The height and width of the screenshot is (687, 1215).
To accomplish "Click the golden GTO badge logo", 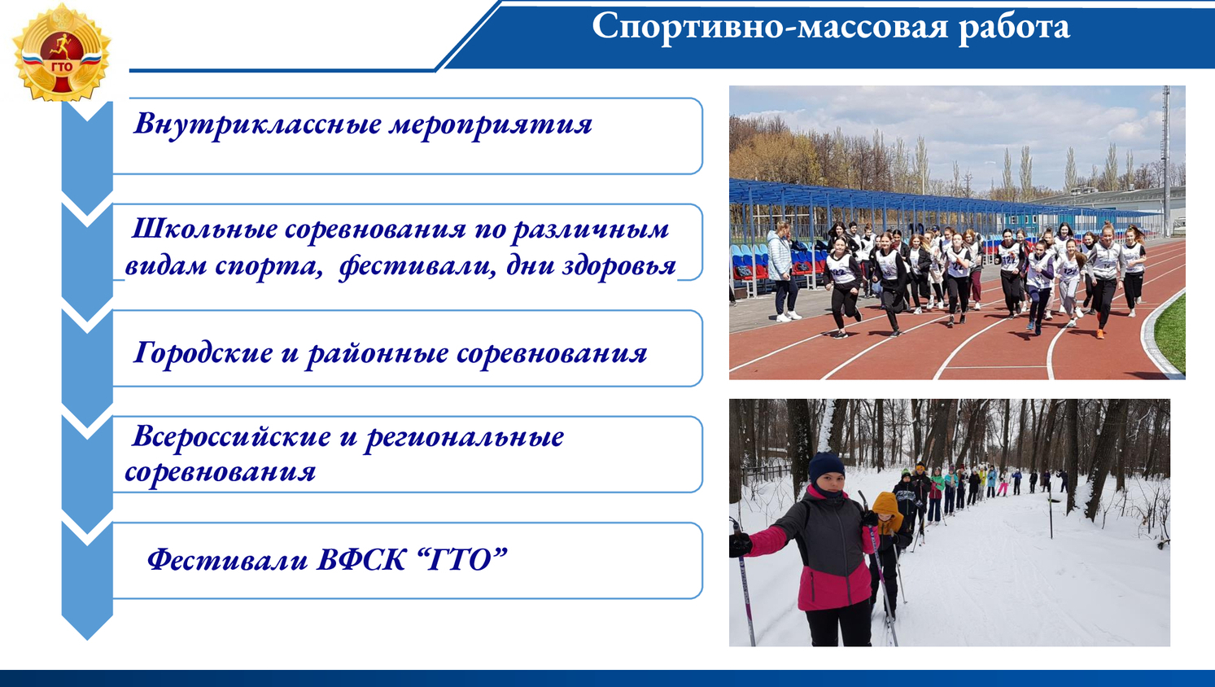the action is click(61, 53).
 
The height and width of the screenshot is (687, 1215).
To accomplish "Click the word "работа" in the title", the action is click(1014, 27).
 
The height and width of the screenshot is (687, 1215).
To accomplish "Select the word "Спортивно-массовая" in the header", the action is click(770, 27).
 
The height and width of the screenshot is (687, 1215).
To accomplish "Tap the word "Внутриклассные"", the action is click(258, 124).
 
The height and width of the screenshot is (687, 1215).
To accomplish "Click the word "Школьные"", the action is click(204, 229).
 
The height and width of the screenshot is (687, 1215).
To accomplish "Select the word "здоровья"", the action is click(619, 266).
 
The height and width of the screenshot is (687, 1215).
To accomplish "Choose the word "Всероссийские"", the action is click(231, 436).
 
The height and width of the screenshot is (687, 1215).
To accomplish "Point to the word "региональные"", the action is click(465, 438).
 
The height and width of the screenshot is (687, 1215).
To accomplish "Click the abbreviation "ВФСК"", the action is click(361, 559).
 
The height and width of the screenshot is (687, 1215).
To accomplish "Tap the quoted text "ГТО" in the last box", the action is click(464, 559).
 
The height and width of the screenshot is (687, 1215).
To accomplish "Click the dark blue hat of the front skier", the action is click(826, 466).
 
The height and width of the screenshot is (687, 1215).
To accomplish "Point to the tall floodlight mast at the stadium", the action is click(1166, 160).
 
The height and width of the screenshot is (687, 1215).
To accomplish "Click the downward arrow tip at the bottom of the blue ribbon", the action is click(87, 639).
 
